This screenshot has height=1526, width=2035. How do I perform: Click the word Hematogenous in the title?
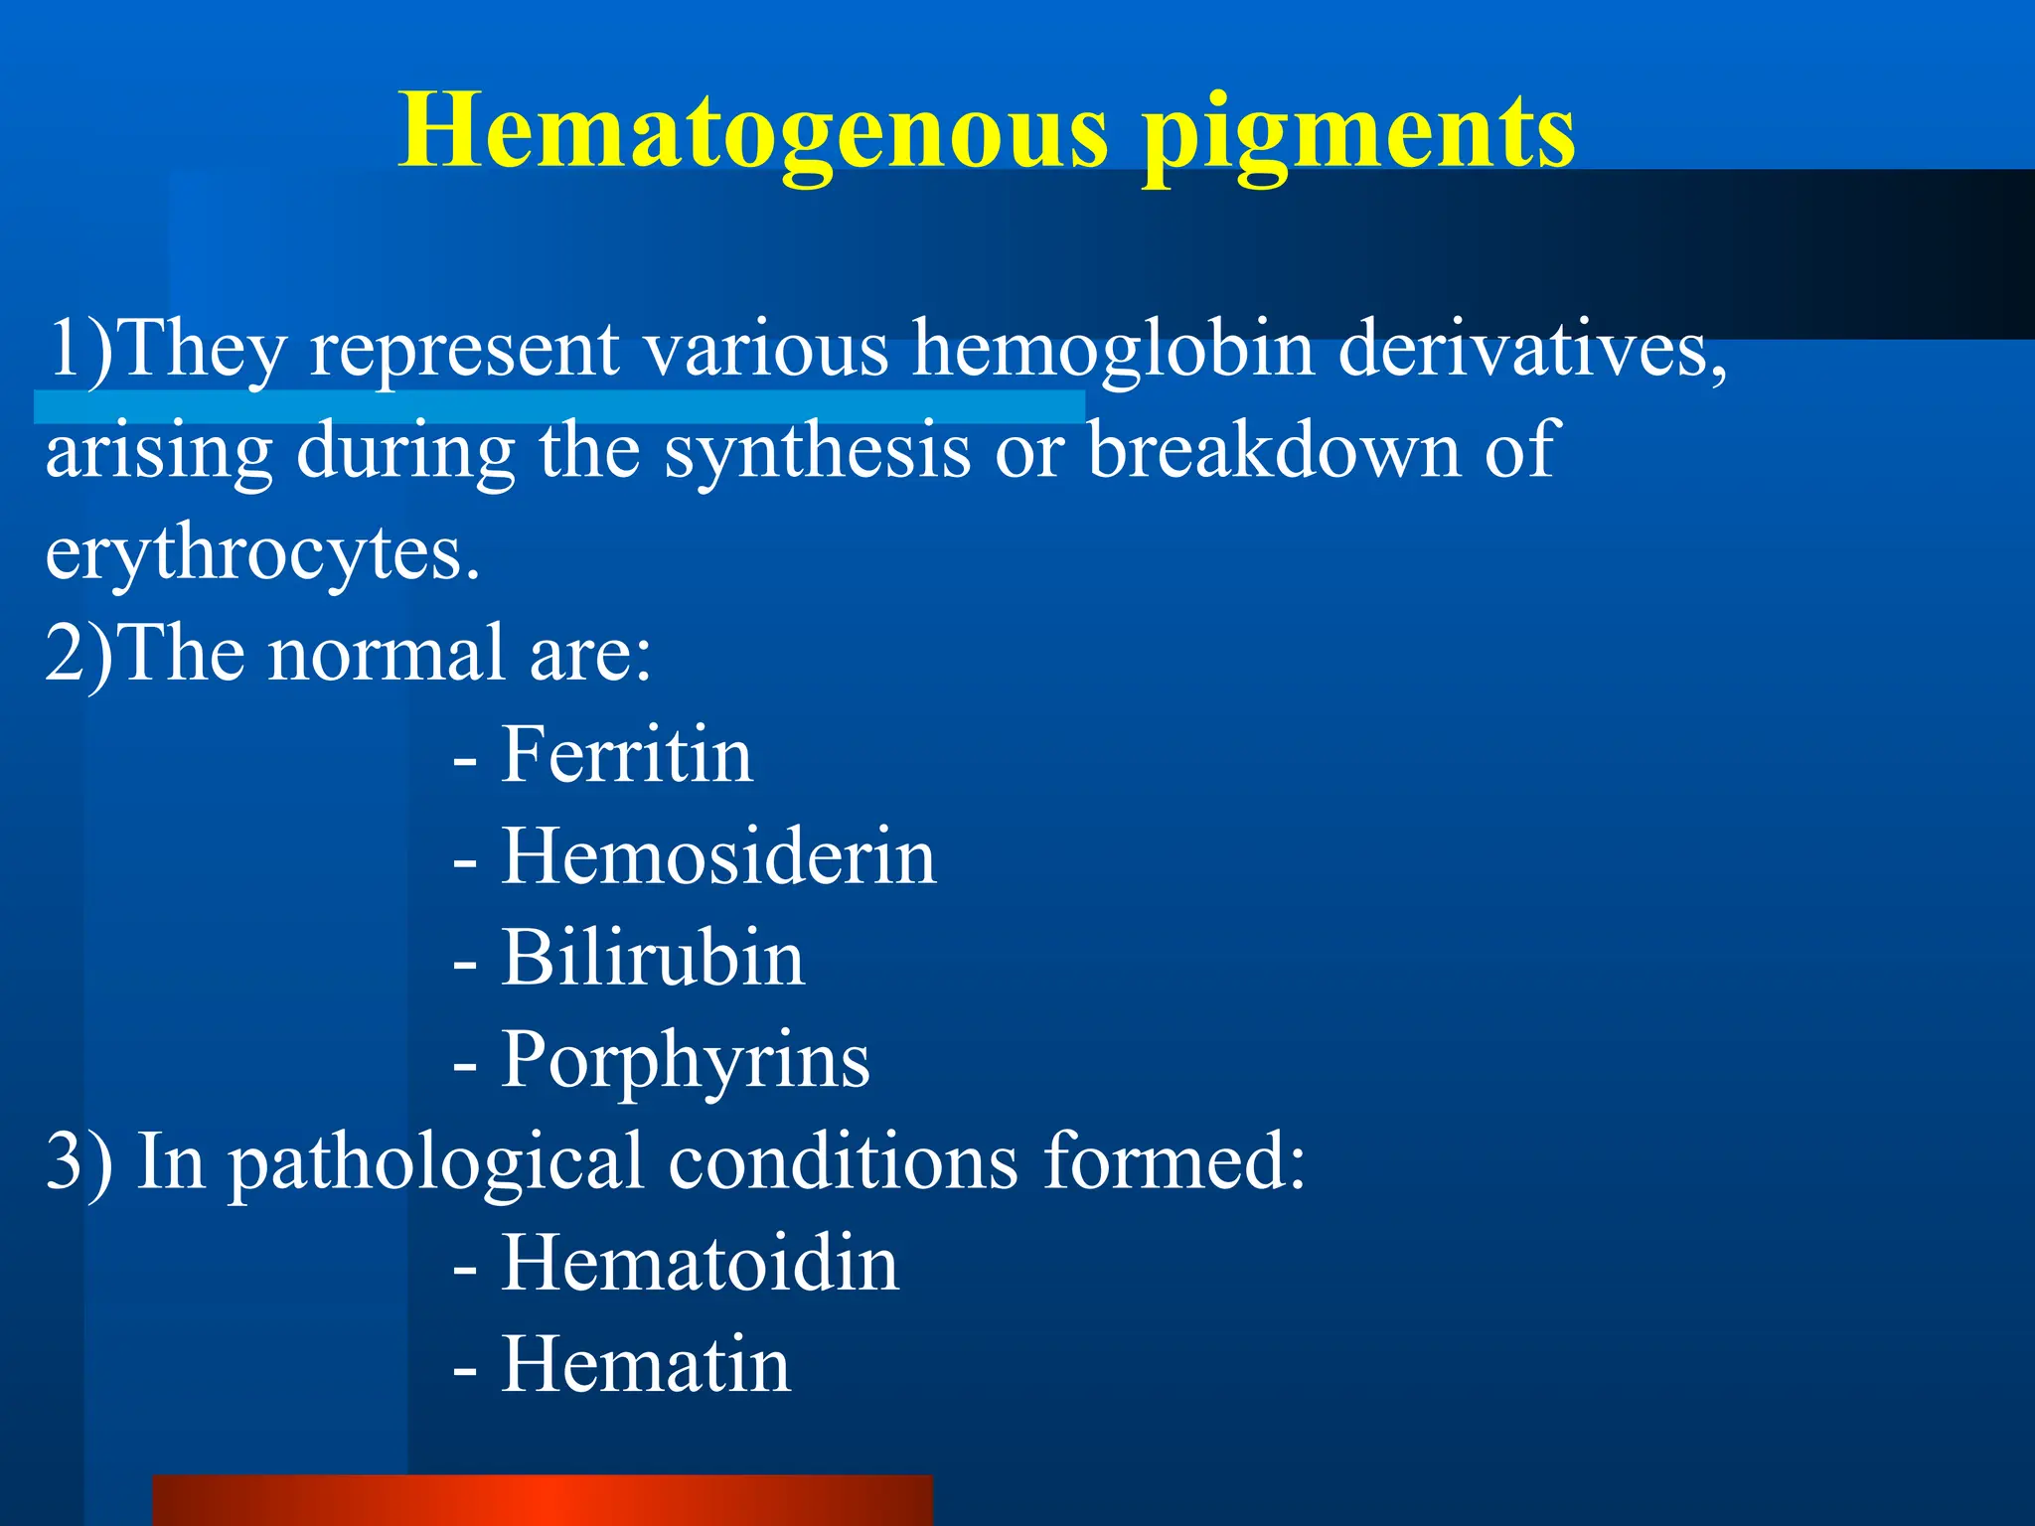(752, 131)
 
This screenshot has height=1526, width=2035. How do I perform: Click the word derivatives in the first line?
(1531, 350)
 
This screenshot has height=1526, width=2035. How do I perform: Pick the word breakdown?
(1273, 449)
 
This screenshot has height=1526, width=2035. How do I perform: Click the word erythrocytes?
(262, 554)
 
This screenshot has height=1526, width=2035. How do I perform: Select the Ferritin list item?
(626, 755)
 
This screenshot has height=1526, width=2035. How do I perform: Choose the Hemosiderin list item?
(717, 856)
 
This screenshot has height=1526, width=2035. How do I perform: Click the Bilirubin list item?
(652, 958)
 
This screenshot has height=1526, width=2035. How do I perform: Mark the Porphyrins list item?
(685, 1061)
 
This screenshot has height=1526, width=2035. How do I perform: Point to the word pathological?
(436, 1162)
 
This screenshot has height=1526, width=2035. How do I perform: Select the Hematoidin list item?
(700, 1264)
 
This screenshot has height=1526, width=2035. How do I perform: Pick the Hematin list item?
(646, 1365)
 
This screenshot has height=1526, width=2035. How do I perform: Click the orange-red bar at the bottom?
(543, 1500)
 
